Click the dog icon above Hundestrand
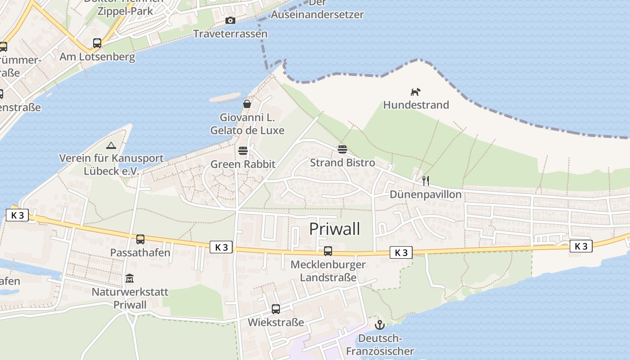point(415,92)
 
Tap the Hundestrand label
point(416,105)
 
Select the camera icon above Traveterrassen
point(230,21)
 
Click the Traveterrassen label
point(230,34)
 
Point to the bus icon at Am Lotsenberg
point(97,43)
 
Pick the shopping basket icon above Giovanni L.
point(247,104)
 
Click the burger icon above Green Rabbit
point(243,150)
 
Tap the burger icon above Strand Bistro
point(342,149)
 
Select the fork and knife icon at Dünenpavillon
point(426,181)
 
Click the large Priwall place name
point(335,229)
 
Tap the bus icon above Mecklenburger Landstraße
point(328,251)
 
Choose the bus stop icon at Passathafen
point(140,239)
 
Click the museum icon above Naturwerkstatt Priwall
point(130,279)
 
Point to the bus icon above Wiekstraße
point(276,309)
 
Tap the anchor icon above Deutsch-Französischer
point(380,324)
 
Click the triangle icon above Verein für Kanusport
point(111,145)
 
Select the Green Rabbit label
point(243,164)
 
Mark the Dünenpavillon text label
point(426,194)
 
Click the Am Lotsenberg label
point(97,57)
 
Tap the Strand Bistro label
point(342,162)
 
